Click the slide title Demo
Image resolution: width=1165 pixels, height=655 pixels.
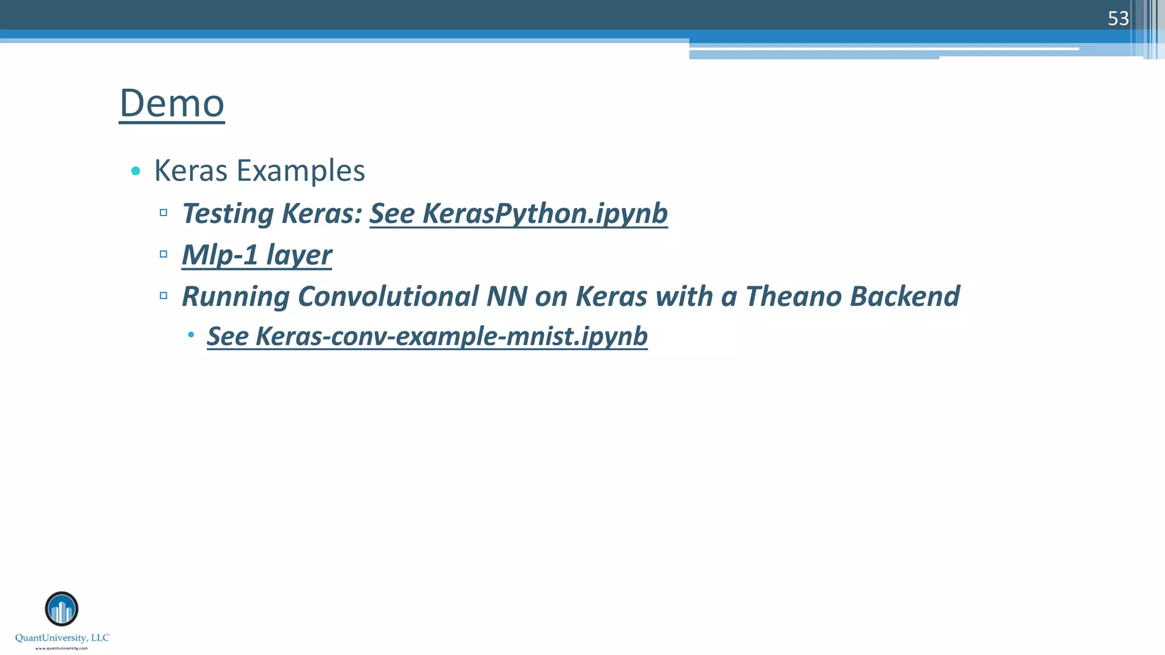point(172,103)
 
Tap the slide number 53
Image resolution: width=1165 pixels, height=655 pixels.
point(1118,19)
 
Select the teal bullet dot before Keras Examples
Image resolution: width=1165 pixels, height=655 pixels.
point(135,171)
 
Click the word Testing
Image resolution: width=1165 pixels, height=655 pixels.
point(228,214)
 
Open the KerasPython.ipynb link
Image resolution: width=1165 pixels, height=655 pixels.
point(518,214)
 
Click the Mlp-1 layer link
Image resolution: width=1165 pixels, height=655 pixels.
point(257,255)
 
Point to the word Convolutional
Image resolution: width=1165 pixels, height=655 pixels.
point(388,296)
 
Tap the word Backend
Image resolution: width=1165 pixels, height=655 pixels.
point(905,296)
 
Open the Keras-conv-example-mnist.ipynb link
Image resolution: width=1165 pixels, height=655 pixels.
point(427,336)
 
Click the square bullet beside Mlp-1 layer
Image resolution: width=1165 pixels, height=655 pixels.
point(163,254)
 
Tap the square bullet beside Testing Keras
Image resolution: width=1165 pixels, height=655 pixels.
point(163,213)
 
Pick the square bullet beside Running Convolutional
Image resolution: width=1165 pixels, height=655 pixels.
point(163,296)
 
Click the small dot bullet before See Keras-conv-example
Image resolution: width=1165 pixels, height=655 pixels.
point(191,335)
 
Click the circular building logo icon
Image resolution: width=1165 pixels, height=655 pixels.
point(61,609)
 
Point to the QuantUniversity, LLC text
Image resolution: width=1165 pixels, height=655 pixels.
point(62,638)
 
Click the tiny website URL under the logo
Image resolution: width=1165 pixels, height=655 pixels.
point(61,648)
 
